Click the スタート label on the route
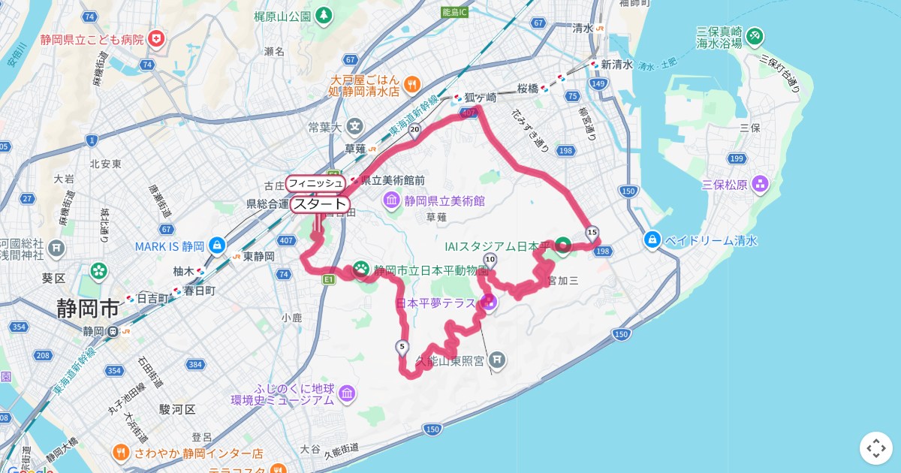320,204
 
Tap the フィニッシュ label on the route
315,183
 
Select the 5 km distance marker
402,347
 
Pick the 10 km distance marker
490,260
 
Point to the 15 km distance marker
592,232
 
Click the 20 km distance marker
414,129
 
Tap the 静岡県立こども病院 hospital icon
156,38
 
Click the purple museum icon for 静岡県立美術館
392,200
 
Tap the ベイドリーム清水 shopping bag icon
652,240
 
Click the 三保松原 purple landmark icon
760,184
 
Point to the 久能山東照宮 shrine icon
497,360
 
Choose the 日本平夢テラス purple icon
489,303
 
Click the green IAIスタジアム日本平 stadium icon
562,245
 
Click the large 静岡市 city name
88,308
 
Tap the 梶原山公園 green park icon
323,15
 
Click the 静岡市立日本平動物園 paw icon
361,270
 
